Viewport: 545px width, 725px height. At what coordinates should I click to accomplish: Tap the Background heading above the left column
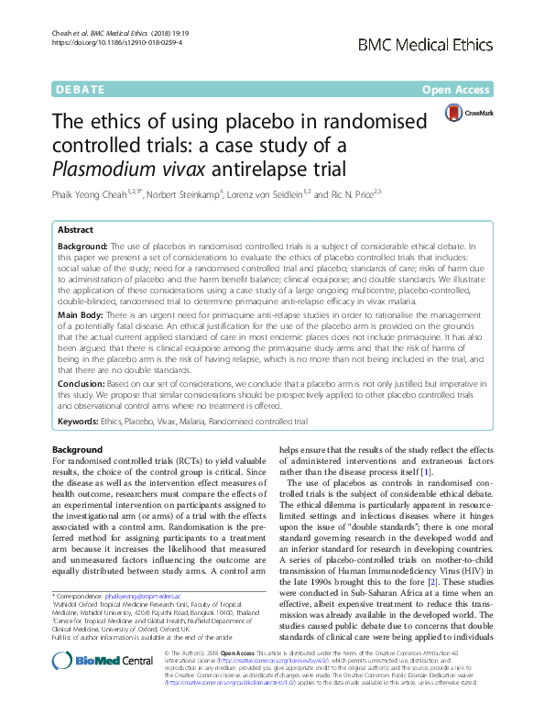[x=76, y=450]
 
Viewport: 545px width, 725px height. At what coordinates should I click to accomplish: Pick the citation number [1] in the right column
[x=427, y=472]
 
